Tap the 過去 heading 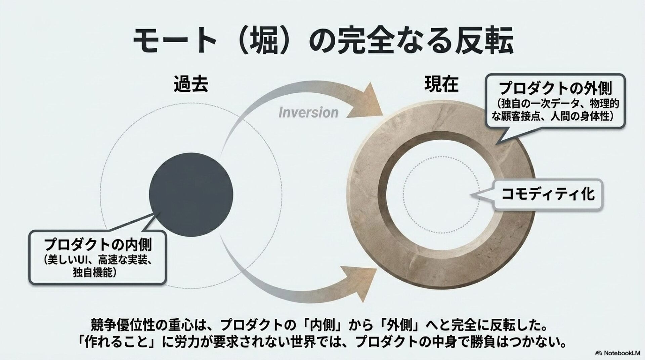click(x=191, y=84)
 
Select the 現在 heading click(x=441, y=84)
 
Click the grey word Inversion click(x=308, y=113)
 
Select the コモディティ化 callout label click(x=548, y=194)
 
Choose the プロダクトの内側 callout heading click(x=98, y=244)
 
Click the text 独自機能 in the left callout click(x=94, y=273)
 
